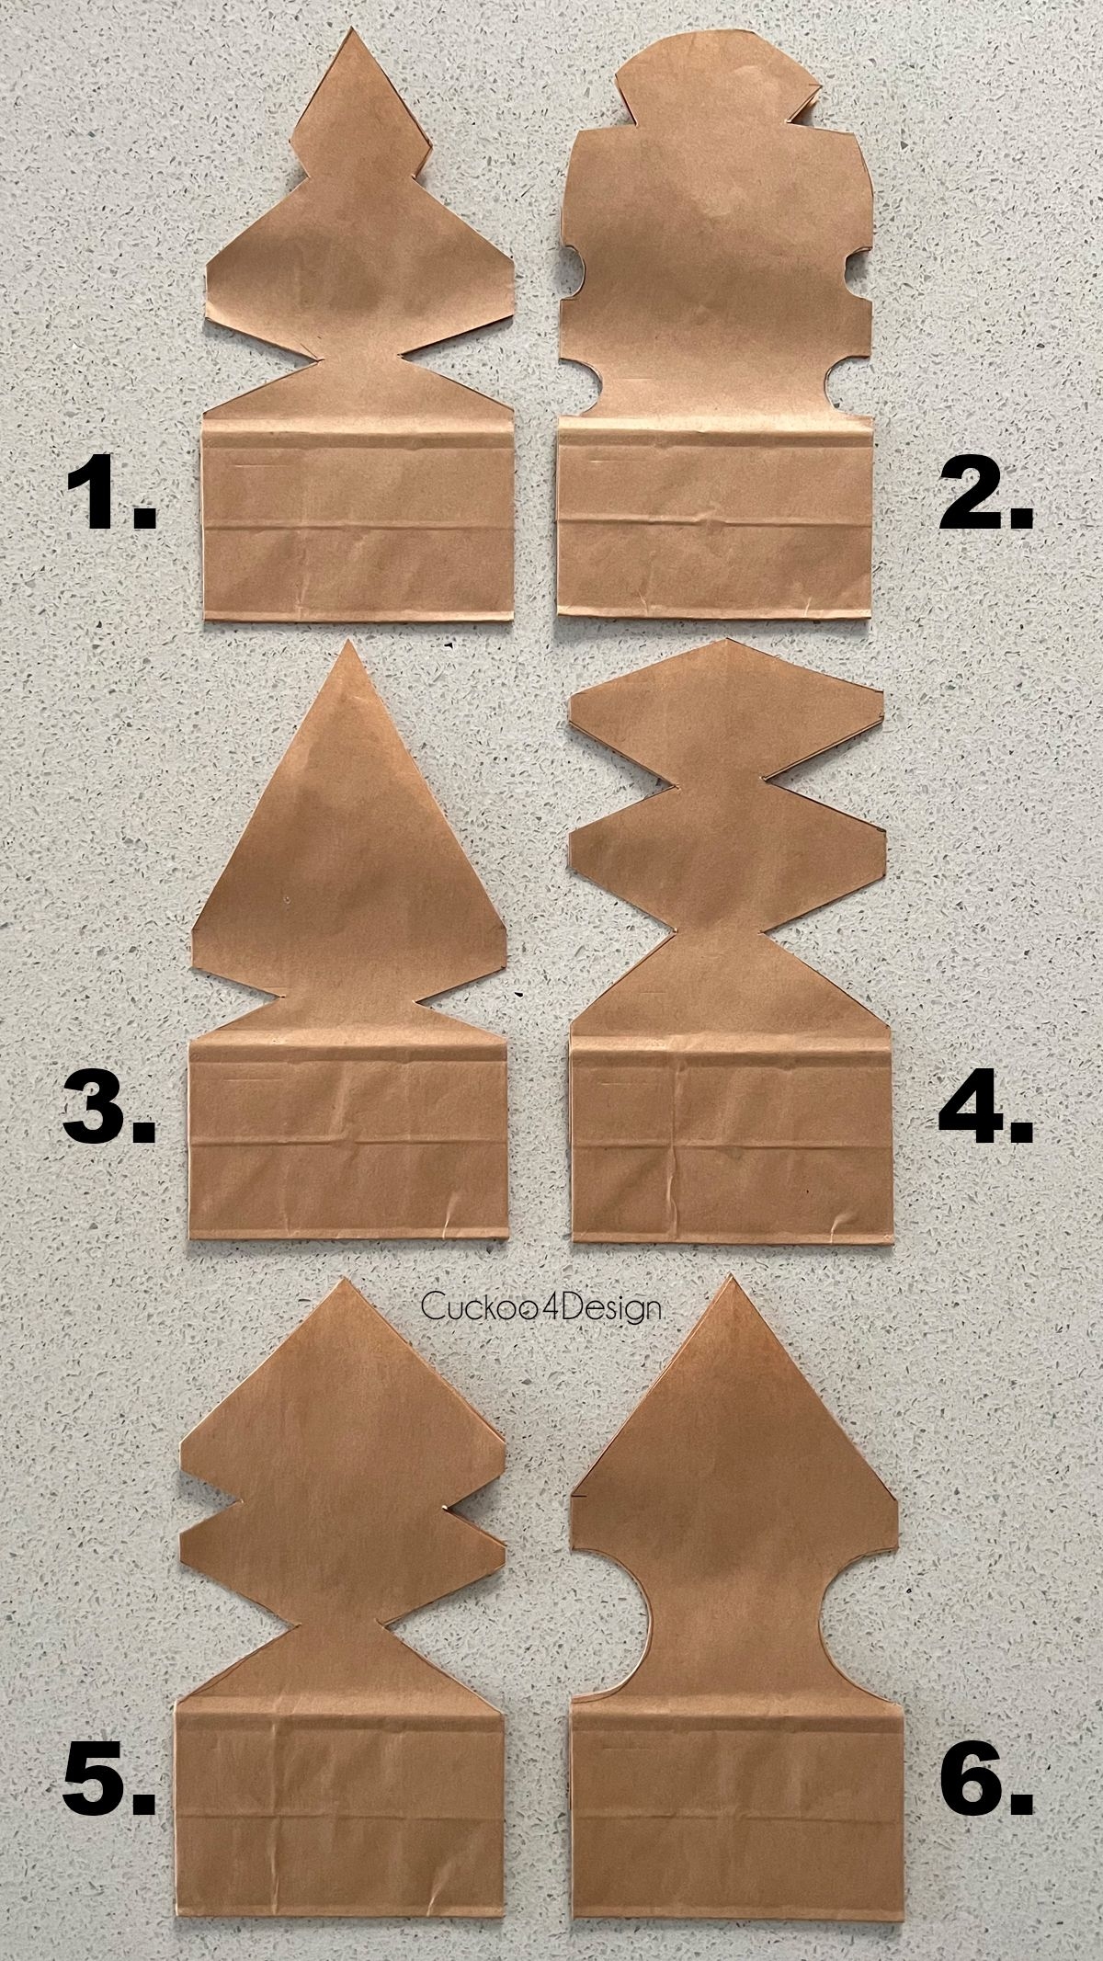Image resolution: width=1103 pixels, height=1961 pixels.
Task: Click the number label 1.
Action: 108,496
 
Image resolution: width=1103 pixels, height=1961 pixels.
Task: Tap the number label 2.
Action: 985,496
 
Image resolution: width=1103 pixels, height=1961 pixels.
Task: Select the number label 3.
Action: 108,1110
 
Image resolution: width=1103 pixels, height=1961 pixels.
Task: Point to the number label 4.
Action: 985,1110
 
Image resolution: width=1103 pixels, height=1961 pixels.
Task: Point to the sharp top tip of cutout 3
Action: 348,646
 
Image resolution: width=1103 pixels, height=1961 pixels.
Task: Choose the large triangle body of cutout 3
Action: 349,873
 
